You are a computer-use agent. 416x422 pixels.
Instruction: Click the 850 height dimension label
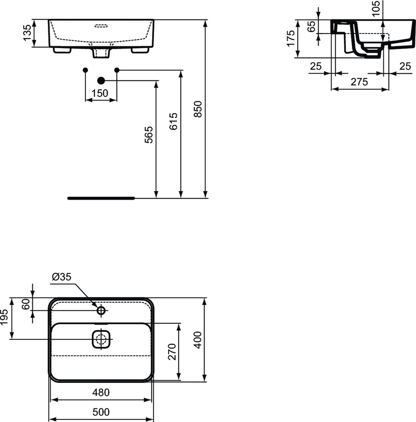(x=198, y=109)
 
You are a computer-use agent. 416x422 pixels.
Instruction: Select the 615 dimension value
(x=173, y=122)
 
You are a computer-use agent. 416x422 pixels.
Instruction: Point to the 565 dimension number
(x=149, y=135)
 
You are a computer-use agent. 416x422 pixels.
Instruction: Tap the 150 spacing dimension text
(x=100, y=93)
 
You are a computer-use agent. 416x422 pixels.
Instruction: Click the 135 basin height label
(x=27, y=33)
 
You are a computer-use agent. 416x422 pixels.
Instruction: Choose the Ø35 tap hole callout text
(x=62, y=277)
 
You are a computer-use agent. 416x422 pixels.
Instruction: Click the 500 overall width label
(x=101, y=412)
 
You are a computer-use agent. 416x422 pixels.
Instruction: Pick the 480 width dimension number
(x=101, y=392)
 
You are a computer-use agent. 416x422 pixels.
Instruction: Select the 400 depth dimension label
(x=198, y=340)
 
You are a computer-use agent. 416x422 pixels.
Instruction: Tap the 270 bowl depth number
(x=172, y=352)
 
